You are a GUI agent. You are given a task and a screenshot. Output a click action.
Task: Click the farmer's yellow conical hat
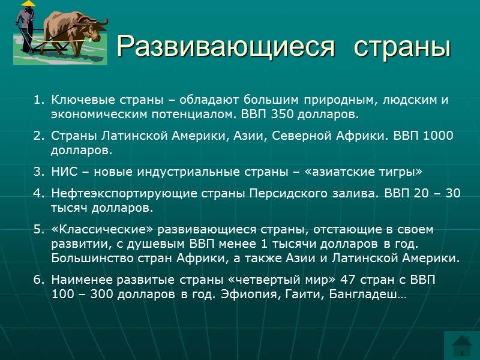pyautogui.click(x=27, y=5)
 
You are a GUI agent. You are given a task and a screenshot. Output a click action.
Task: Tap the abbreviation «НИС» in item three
pyautogui.click(x=64, y=172)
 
